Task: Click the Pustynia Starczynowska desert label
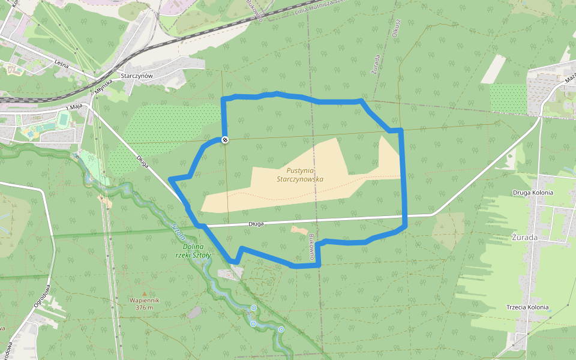click(x=300, y=175)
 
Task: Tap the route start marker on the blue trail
click(x=225, y=140)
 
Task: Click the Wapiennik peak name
click(x=144, y=300)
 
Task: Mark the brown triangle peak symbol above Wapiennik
click(x=144, y=293)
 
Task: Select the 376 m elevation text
click(x=145, y=308)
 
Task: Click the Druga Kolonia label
click(x=533, y=193)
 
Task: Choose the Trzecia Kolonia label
click(x=527, y=307)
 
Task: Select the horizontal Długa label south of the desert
click(x=256, y=224)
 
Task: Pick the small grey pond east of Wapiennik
click(x=194, y=312)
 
